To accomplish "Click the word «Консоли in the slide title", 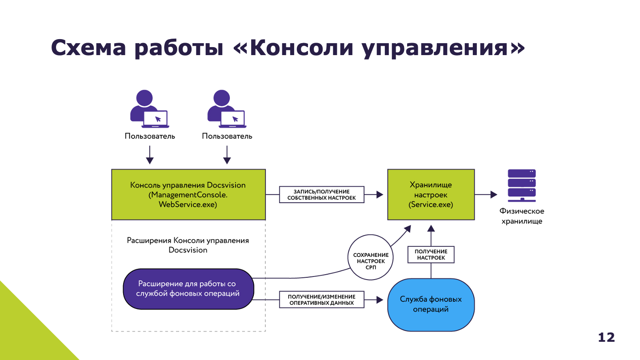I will pos(294,48).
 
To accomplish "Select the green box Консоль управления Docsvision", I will pos(188,195).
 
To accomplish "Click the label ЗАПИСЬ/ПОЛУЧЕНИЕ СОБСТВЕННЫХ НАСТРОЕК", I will pos(322,195).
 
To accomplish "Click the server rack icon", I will pos(521,185).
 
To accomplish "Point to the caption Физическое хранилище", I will pos(521,216).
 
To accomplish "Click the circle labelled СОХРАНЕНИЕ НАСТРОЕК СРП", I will pos(371,258).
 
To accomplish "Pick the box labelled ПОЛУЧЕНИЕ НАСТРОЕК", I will pos(431,255).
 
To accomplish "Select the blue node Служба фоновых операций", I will pos(431,304).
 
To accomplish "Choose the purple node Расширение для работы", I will pos(188,289).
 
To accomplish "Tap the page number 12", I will pos(606,337).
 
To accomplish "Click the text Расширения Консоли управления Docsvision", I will pos(188,245).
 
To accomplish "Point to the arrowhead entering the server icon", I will pos(493,195).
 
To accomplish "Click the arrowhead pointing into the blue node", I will pos(380,300).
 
